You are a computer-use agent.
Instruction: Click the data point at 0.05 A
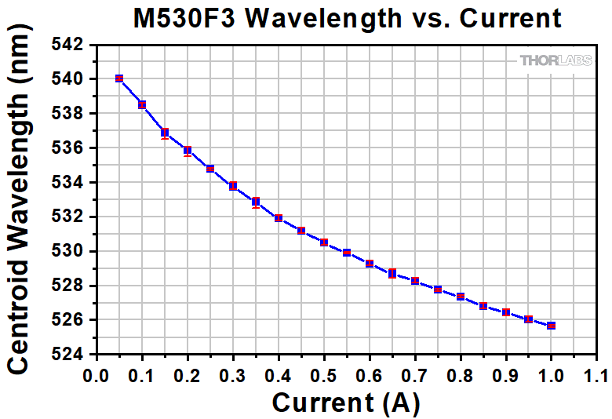click(x=119, y=78)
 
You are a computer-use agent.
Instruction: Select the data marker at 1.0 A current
click(x=552, y=326)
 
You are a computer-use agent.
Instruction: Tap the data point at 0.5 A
click(x=324, y=242)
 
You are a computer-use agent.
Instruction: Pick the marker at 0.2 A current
click(x=188, y=150)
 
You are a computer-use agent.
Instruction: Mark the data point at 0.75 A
click(x=438, y=290)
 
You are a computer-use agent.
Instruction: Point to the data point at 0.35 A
click(x=256, y=202)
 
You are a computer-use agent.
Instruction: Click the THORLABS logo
click(x=556, y=60)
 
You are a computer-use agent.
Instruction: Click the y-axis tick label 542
click(x=68, y=45)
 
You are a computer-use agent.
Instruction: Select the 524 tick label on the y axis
click(x=68, y=355)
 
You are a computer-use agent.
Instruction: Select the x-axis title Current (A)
click(x=346, y=402)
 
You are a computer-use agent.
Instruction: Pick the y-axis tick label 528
click(x=68, y=286)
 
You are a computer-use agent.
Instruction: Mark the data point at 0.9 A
click(x=506, y=312)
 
